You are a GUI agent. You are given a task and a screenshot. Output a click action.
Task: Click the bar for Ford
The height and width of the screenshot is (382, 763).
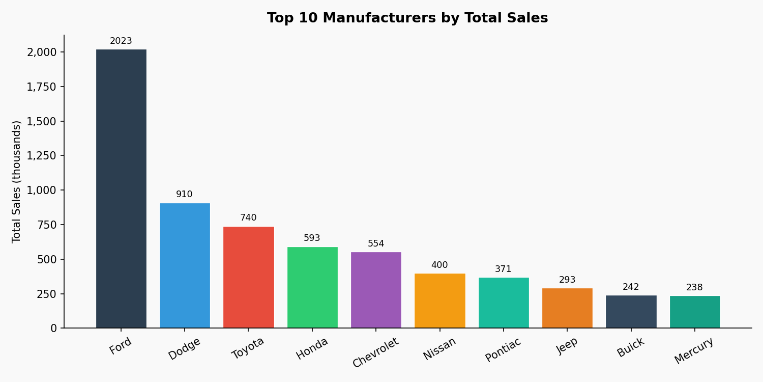coord(121,188)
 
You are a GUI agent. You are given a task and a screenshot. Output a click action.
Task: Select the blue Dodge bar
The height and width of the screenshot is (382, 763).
coord(185,265)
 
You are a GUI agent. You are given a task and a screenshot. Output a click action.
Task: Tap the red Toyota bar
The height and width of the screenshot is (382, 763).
coord(248,277)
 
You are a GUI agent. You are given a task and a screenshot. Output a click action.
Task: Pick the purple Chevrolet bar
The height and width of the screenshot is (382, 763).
coord(376,290)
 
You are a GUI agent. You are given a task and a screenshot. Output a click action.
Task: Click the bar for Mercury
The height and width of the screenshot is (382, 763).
coord(695,312)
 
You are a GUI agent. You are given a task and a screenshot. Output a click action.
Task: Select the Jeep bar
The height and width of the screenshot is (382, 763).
coord(567,308)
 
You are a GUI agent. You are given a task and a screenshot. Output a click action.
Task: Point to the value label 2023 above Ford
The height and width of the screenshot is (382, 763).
coord(121,41)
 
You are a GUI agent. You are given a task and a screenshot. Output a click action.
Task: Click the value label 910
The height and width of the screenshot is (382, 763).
coord(184,195)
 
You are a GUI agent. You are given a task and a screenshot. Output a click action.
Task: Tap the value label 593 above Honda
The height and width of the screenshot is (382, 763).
coord(312,238)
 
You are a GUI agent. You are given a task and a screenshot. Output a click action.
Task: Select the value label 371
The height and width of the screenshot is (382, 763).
coord(503,269)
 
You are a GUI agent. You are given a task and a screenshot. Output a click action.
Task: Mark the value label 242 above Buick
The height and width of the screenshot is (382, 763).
coord(631,287)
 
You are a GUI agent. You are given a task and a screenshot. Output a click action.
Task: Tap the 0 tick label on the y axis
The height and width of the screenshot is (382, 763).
coord(53,329)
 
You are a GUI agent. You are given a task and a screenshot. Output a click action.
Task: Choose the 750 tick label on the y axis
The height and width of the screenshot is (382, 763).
coord(47,225)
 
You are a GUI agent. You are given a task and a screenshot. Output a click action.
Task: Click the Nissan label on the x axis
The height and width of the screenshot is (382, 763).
coord(439,349)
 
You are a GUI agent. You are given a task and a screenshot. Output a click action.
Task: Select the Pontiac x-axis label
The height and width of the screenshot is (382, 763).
coord(503,350)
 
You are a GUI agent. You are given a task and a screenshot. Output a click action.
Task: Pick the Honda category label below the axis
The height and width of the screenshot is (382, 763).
coord(312,349)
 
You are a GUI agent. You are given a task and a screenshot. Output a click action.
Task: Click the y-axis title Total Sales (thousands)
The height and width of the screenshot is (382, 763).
coord(17,181)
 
